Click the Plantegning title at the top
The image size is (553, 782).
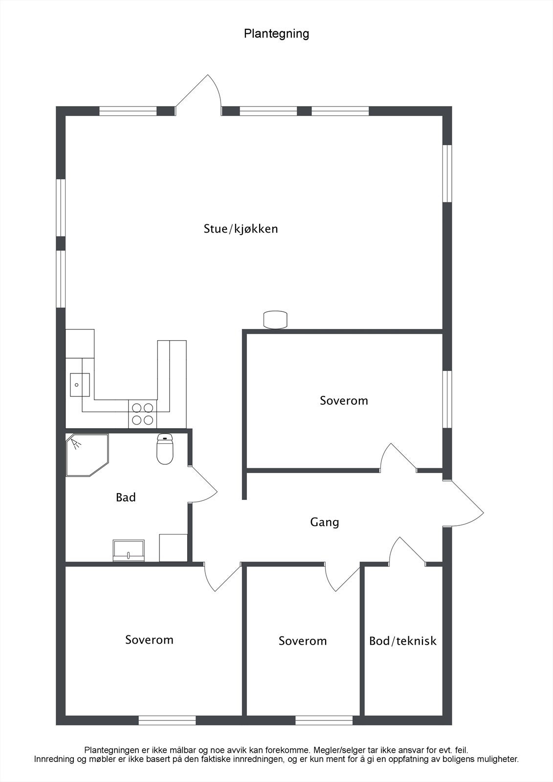pos(276,34)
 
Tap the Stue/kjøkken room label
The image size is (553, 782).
pos(241,229)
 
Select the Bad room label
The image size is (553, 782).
pos(126,498)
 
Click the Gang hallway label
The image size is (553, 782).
pos(324,522)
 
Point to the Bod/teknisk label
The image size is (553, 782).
pos(402,641)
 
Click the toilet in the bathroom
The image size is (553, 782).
pos(165,448)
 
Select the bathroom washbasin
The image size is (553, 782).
pos(129,550)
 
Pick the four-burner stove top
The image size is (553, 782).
pos(143,413)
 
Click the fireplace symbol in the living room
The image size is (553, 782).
pos(276,320)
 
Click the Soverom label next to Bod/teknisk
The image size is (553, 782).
pos(303,641)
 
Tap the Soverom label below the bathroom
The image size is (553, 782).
pos(149,640)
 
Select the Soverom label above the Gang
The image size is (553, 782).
pos(344,401)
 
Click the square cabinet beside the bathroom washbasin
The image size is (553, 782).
pos(174,547)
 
